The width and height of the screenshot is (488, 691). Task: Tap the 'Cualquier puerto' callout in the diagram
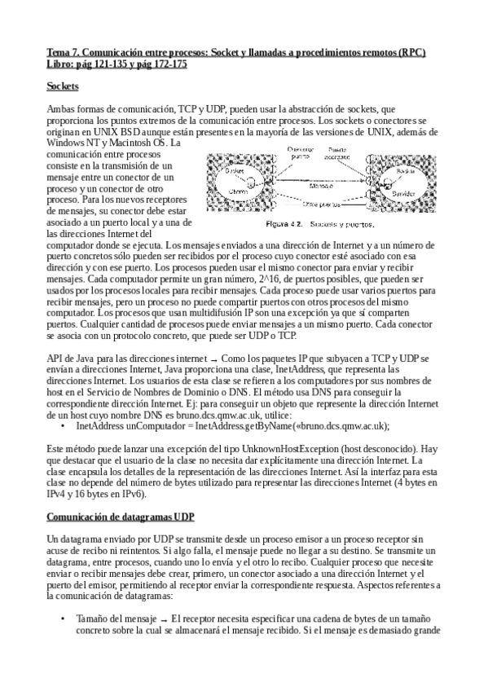[284, 153]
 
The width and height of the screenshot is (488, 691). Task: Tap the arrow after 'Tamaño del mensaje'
[163, 619]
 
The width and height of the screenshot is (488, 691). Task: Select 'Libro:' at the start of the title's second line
[62, 63]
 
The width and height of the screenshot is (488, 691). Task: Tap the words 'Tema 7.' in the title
[63, 51]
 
